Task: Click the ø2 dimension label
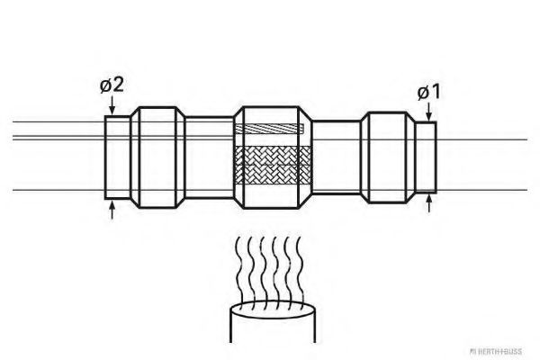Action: [x=112, y=85]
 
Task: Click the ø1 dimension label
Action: [x=428, y=92]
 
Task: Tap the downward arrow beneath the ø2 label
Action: [x=112, y=105]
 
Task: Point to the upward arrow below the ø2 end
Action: [x=112, y=210]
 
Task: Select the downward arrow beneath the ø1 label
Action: [x=428, y=112]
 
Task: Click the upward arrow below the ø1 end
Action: [x=428, y=203]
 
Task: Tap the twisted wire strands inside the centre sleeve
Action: [x=270, y=129]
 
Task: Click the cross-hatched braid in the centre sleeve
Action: [x=273, y=165]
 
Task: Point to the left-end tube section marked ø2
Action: [x=118, y=157]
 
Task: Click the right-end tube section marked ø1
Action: [x=426, y=157]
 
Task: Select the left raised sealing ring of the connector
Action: [x=158, y=157]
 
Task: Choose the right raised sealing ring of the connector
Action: [x=388, y=157]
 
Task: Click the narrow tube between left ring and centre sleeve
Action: [x=210, y=157]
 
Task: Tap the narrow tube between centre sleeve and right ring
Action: [x=336, y=157]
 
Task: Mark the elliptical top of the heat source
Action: [x=273, y=309]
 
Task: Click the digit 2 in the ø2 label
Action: [x=118, y=85]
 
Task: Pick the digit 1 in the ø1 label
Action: [x=436, y=92]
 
